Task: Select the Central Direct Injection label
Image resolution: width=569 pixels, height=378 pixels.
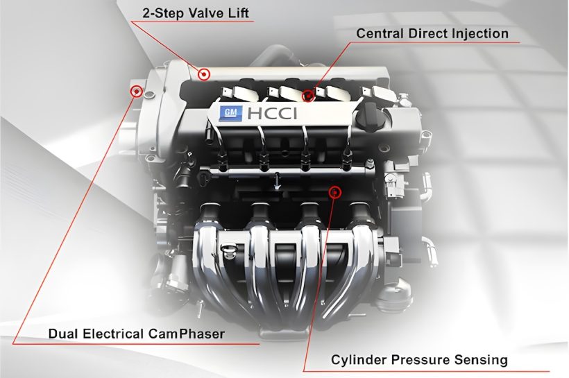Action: coord(432,33)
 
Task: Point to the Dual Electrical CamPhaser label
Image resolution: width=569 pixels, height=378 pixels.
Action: coord(137,334)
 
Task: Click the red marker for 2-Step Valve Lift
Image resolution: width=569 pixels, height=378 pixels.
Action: coord(204,74)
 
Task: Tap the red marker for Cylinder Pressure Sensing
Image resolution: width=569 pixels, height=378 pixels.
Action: coord(335,191)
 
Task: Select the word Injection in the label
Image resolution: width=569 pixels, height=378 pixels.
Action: coord(481,33)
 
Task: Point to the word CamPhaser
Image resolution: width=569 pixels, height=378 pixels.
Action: coord(190,334)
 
